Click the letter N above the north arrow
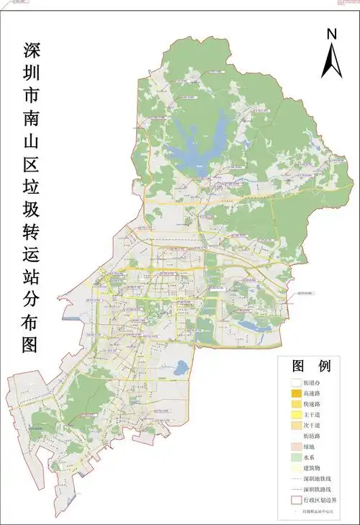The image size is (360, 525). [331, 34]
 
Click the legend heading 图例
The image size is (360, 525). [310, 366]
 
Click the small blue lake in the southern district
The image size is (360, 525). [179, 367]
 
